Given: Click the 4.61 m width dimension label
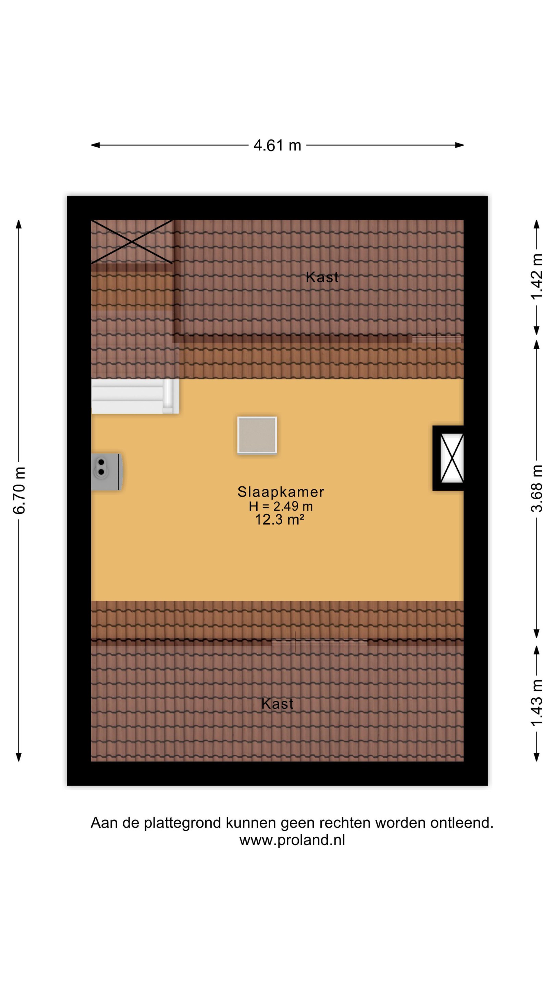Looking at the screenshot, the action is click(x=277, y=145).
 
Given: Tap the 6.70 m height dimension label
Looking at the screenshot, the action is click(x=19, y=490).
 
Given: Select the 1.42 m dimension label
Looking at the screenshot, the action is click(x=536, y=276).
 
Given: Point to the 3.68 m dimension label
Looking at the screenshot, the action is click(x=536, y=488).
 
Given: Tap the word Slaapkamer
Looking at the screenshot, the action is click(x=281, y=491).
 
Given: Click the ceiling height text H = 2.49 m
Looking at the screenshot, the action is click(x=281, y=506).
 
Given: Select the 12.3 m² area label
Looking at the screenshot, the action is click(x=280, y=520).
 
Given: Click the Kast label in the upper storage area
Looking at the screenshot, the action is click(x=322, y=277).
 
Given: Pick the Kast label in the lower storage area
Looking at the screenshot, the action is click(x=277, y=704).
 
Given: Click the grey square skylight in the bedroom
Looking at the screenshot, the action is click(x=257, y=435).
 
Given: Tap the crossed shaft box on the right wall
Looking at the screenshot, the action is click(x=448, y=458).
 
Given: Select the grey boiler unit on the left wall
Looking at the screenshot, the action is click(x=107, y=472).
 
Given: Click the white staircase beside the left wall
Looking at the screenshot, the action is click(x=135, y=396).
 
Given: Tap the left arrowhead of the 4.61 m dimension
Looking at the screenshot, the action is click(x=95, y=145).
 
